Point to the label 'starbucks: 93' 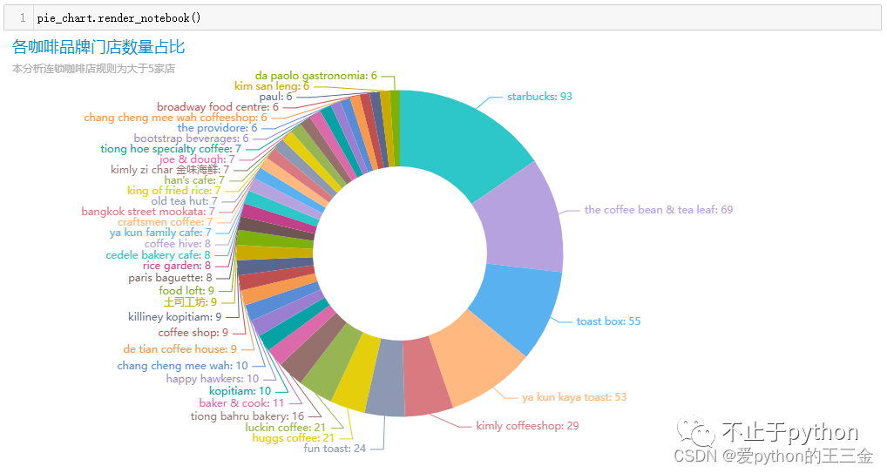pyautogui.click(x=539, y=97)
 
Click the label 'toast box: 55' pyautogui.click(x=608, y=321)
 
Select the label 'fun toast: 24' pyautogui.click(x=335, y=449)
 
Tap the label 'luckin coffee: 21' pyautogui.click(x=285, y=428)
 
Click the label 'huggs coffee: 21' pyautogui.click(x=293, y=438)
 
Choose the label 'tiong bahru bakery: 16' pyautogui.click(x=247, y=416)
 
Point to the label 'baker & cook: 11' pyautogui.click(x=241, y=403)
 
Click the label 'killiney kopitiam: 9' pyautogui.click(x=174, y=317)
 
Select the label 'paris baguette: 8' pyautogui.click(x=170, y=279)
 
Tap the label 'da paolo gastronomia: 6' pyautogui.click(x=316, y=76)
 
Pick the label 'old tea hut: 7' pyautogui.click(x=184, y=201)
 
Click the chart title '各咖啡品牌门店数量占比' pyautogui.click(x=98, y=47)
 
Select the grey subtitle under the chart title pyautogui.click(x=93, y=69)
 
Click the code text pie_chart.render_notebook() pyautogui.click(x=118, y=17)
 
